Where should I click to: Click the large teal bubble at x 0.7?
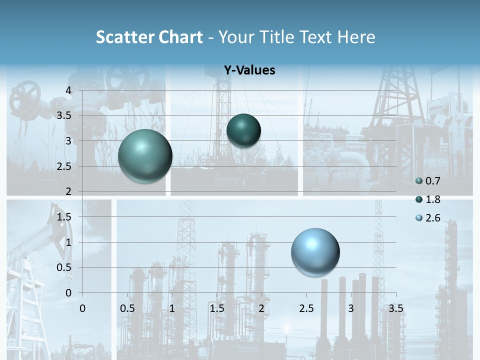point(145,156)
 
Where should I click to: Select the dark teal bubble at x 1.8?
point(243,130)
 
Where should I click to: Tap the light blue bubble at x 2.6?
point(315,252)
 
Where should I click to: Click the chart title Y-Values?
point(249,70)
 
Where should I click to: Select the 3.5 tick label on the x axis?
point(395,308)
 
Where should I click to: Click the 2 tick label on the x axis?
point(261,308)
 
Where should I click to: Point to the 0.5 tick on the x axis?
point(127,308)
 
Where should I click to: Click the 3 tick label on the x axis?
point(351,308)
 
